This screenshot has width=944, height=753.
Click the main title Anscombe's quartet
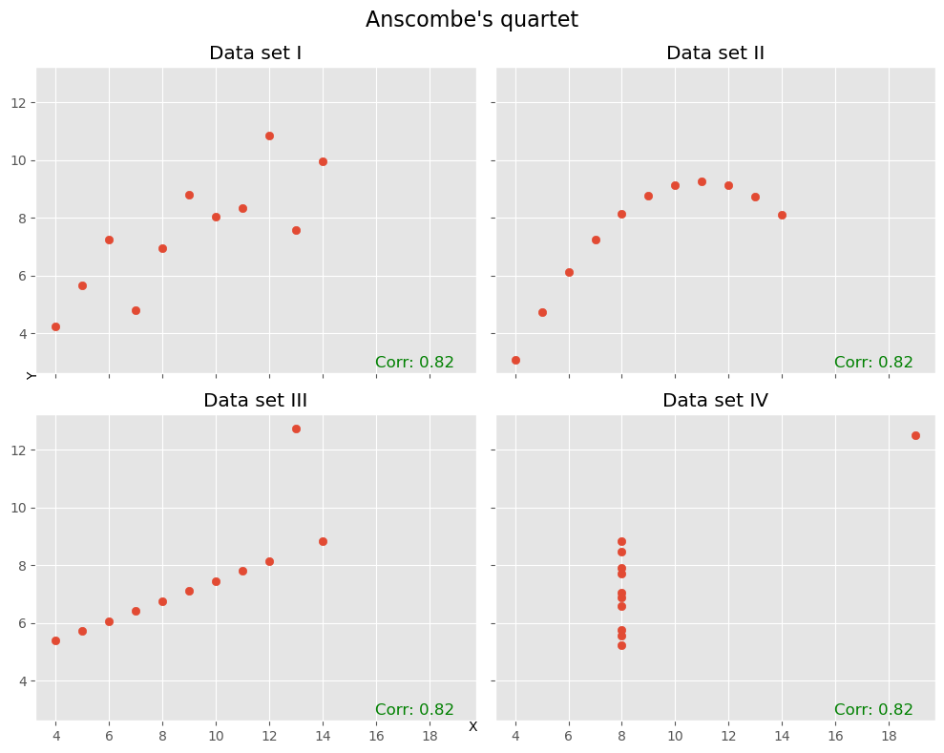[x=472, y=20]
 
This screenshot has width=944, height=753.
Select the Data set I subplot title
[x=255, y=53]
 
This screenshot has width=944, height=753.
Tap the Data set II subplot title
[x=715, y=53]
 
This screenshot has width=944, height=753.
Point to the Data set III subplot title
[x=255, y=401]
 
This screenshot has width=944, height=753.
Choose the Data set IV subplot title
[x=715, y=401]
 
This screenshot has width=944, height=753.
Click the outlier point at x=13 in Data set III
[x=296, y=429]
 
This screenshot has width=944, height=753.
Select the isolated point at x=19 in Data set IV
[x=915, y=435]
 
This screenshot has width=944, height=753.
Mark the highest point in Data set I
[x=269, y=136]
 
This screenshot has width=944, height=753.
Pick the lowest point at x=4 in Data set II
[x=515, y=360]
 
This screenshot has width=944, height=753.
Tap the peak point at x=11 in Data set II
[x=702, y=181]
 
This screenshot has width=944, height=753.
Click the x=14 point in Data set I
[x=323, y=161]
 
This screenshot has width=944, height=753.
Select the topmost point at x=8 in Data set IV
[x=621, y=541]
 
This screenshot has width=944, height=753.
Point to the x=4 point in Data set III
[x=55, y=640]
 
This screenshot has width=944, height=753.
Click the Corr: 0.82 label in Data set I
[x=414, y=363]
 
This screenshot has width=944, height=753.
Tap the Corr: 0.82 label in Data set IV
[x=873, y=710]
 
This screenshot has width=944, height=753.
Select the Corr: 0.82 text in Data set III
[x=414, y=710]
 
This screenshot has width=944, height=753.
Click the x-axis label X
[x=472, y=727]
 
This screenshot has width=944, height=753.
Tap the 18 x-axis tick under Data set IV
[x=889, y=737]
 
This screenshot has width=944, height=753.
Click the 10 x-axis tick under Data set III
[x=216, y=737]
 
